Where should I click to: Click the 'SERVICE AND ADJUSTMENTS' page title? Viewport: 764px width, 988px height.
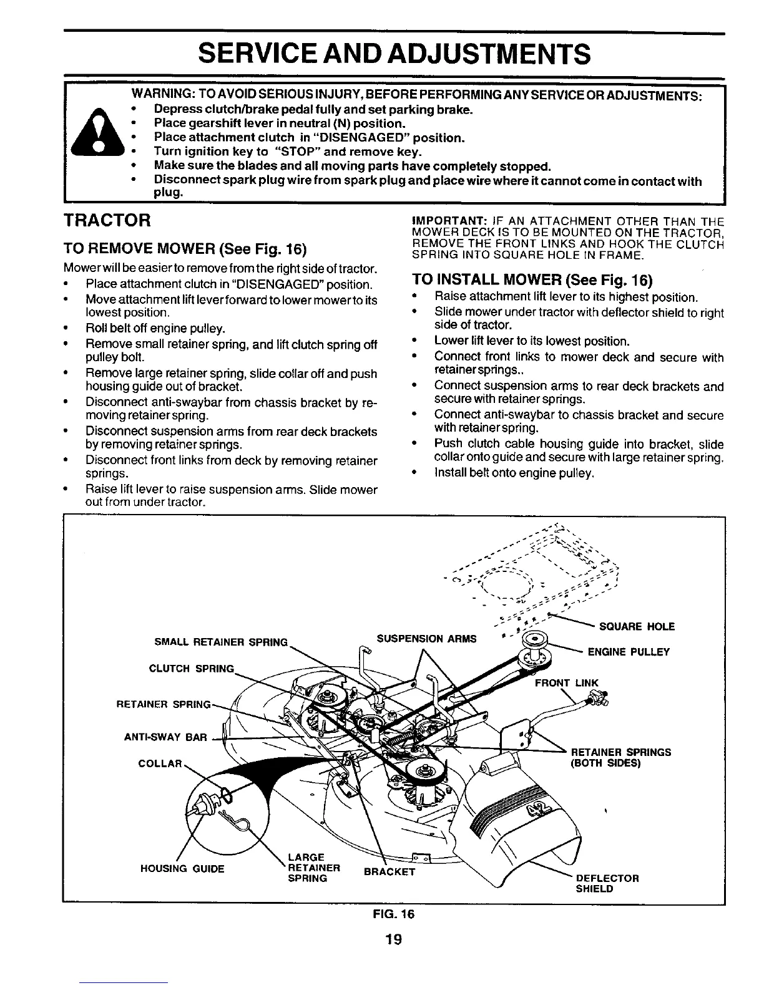coord(393,54)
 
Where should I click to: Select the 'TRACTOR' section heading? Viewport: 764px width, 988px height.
coord(107,220)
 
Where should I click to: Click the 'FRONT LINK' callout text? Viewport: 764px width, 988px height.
coord(567,683)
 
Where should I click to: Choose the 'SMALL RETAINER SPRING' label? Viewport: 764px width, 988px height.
coord(221,642)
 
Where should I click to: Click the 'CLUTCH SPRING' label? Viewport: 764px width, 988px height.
coord(191,669)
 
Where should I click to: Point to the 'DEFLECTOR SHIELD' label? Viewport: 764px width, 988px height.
coord(607,883)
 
